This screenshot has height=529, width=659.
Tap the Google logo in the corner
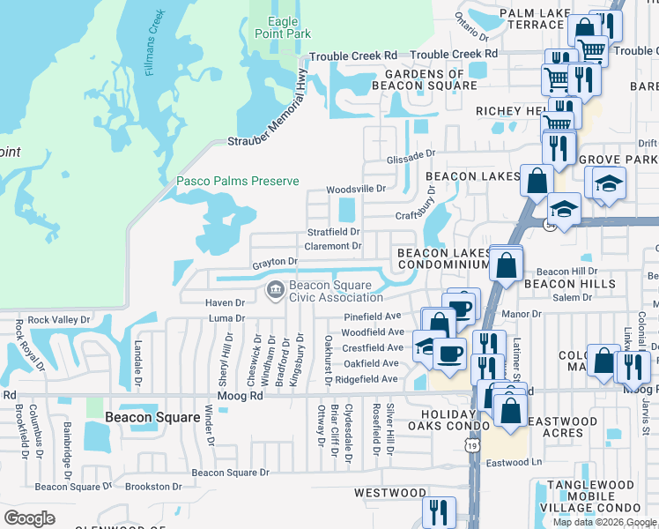click(x=29, y=518)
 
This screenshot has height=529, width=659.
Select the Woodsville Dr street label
click(x=356, y=189)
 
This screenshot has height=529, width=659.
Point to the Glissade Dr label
click(x=411, y=154)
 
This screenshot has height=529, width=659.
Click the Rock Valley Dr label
click(x=55, y=320)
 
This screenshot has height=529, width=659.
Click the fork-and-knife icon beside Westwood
click(x=438, y=511)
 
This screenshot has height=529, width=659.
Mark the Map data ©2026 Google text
click(x=604, y=522)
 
